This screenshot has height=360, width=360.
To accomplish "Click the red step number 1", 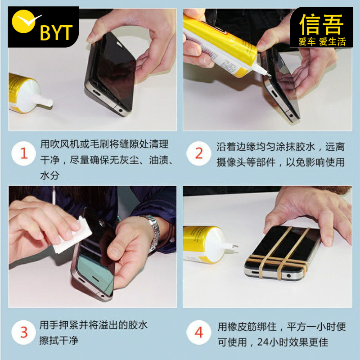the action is pos(24,153).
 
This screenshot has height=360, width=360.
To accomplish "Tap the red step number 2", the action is pos(199,153).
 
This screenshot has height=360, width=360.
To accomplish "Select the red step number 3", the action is pos(24,332).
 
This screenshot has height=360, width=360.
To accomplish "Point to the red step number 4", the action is pos(199,332).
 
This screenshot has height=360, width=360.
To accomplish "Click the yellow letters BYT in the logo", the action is pos(56,32).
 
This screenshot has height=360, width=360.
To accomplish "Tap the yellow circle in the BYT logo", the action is pos(23,21).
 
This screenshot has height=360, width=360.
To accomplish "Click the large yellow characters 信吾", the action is pos(321,24).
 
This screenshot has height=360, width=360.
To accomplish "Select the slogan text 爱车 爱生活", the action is pos(322,42).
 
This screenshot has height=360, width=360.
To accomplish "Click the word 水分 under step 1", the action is pos(50,175).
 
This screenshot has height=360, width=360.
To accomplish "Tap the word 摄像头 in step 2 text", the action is pos(231,162).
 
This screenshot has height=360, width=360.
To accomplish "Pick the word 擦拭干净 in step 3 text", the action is pos(59,340).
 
